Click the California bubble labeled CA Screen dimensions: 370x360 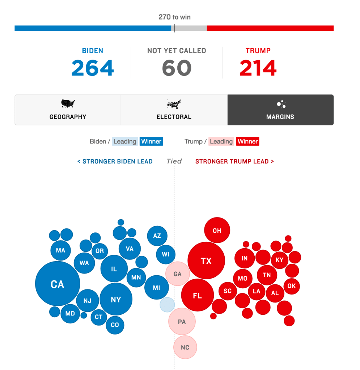(58, 284)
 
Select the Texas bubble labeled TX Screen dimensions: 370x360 (206, 261)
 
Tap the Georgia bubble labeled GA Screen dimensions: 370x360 (178, 274)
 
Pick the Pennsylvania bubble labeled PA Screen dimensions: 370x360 (182, 321)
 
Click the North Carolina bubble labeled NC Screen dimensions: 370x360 (185, 347)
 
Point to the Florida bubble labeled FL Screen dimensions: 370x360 (197, 296)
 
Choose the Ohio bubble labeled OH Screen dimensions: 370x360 (217, 231)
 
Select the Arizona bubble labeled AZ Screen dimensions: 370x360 (157, 236)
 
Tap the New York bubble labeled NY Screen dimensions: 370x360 (116, 299)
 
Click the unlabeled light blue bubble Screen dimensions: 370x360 (167, 305)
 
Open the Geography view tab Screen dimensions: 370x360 (68, 110)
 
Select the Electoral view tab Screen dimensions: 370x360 (174, 110)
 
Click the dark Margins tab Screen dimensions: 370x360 (280, 110)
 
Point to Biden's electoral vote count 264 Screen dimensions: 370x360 (93, 68)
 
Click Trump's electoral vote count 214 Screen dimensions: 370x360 (258, 68)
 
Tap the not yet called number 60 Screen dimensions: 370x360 (177, 68)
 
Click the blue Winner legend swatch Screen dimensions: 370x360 (151, 141)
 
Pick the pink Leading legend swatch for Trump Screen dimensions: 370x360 (221, 141)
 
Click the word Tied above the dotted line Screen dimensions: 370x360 (174, 161)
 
